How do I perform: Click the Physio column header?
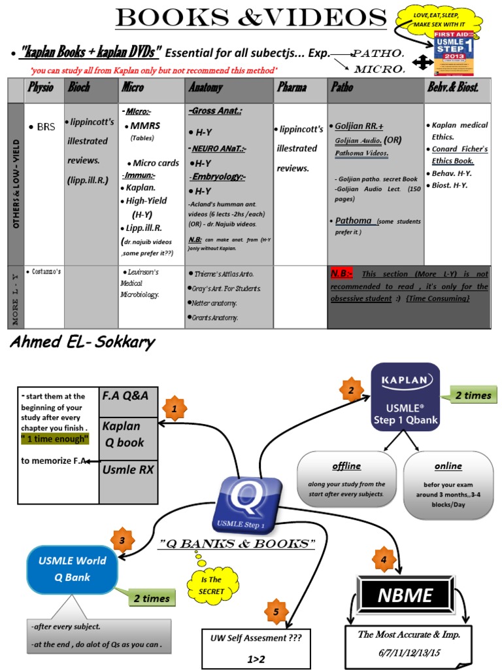(40, 88)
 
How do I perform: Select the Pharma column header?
(292, 88)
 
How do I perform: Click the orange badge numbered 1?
(174, 409)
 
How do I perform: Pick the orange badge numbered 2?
(351, 390)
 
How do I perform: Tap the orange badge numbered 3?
(122, 540)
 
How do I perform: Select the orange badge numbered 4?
(383, 559)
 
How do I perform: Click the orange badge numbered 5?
(276, 611)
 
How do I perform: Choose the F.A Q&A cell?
(128, 396)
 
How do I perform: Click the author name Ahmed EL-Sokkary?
(83, 344)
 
